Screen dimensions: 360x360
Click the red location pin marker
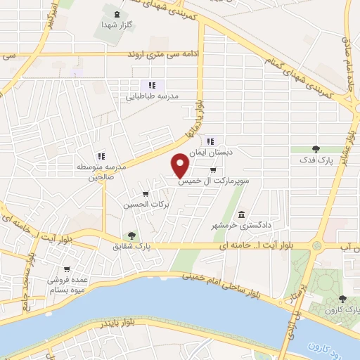pyautogui.click(x=181, y=165)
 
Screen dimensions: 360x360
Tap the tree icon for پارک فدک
pyautogui.click(x=315, y=149)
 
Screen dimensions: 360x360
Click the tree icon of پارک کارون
pyautogui.click(x=342, y=299)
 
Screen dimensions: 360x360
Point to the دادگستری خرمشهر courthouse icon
pyautogui.click(x=242, y=214)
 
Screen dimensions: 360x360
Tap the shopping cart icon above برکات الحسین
pyautogui.click(x=146, y=194)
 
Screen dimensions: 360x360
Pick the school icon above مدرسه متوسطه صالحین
pyautogui.click(x=101, y=156)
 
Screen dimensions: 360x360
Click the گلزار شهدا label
pyautogui.click(x=118, y=25)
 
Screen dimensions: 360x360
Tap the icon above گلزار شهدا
pyautogui.click(x=116, y=14)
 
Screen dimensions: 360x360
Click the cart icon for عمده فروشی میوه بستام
pyautogui.click(x=67, y=269)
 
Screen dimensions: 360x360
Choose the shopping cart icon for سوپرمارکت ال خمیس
pyautogui.click(x=213, y=170)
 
